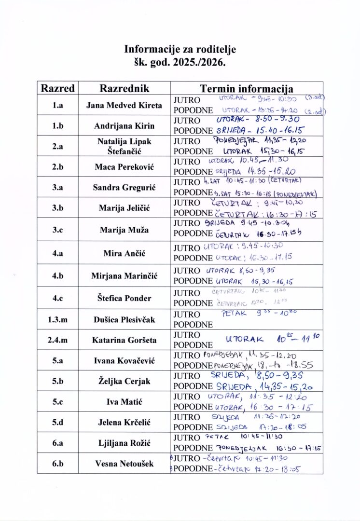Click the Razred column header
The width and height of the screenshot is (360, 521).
pyautogui.click(x=58, y=88)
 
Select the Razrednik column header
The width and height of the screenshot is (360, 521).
pyautogui.click(x=125, y=88)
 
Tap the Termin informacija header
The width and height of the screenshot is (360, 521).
pyautogui.click(x=247, y=88)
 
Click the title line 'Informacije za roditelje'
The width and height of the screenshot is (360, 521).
pyautogui.click(x=180, y=49)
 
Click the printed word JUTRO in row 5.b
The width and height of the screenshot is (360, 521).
pyautogui.click(x=187, y=376)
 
